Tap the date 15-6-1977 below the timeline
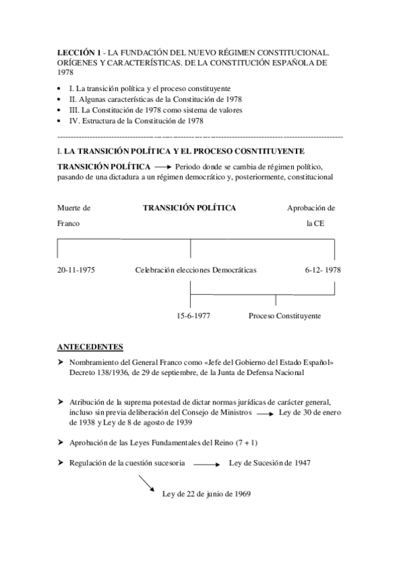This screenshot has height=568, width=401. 193,315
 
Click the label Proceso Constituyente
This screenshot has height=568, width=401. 285,315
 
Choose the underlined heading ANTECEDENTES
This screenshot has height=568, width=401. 90,346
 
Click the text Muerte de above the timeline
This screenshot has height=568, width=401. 74,208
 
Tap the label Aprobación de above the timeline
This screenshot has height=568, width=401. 311,208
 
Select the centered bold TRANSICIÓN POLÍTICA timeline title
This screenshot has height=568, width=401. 189,208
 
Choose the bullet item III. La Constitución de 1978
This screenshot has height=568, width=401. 159,110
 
